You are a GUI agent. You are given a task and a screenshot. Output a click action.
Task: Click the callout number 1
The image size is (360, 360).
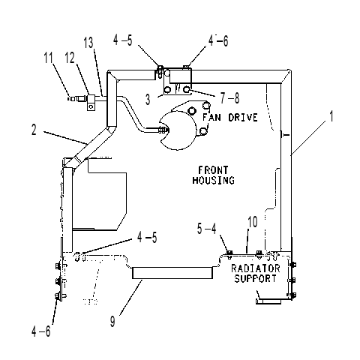[x=331, y=116]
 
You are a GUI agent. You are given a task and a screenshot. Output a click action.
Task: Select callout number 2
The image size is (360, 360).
[x=34, y=130]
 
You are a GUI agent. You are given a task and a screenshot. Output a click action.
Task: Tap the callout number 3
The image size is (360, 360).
[x=148, y=99]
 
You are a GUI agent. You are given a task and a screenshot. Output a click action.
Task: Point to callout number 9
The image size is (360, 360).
[x=112, y=322]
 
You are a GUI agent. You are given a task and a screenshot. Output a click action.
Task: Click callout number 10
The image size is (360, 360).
[x=253, y=222]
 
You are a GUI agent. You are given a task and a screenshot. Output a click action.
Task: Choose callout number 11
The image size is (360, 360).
[x=49, y=58]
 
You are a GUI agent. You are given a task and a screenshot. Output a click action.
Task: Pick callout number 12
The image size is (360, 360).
[x=70, y=58]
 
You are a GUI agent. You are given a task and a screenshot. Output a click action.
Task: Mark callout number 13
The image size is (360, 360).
[x=88, y=43]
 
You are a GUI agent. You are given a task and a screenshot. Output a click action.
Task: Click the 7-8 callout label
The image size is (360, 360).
[x=229, y=97]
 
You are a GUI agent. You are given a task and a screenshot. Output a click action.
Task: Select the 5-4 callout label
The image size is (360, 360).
[x=206, y=229]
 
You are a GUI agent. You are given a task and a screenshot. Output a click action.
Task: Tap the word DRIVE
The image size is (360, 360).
[x=243, y=117]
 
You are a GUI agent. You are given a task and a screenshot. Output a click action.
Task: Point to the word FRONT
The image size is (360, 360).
[x=213, y=170]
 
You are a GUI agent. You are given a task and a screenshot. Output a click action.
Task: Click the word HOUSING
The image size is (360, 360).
[x=214, y=180]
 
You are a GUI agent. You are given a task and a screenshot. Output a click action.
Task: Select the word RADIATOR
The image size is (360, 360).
[x=256, y=268]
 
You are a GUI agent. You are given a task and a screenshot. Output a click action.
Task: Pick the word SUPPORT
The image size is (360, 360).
[x=255, y=278]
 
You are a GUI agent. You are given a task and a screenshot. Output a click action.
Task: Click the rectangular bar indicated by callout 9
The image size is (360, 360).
[x=172, y=273]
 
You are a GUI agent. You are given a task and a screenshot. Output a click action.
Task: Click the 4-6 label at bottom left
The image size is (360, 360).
[x=41, y=331]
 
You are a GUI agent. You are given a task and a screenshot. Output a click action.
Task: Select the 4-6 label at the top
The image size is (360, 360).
[x=218, y=40]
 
